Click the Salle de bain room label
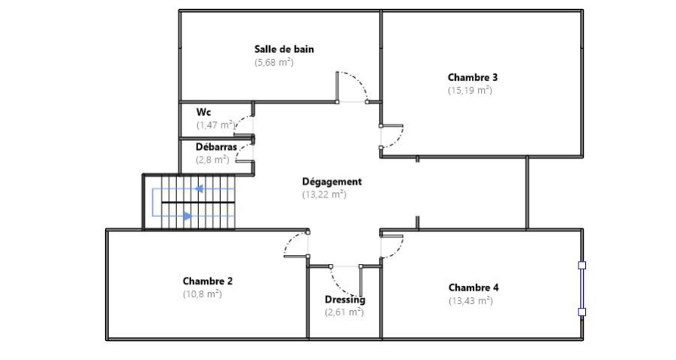(284, 49)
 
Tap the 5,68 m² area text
(274, 63)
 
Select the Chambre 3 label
(473, 78)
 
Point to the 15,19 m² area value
(470, 91)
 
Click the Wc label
(203, 112)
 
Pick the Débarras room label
(216, 147)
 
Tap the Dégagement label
(332, 182)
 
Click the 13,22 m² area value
(324, 194)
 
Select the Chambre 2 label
(208, 281)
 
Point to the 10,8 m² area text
(202, 294)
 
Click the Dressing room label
(345, 299)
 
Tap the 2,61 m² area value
(344, 312)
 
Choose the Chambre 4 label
(473, 287)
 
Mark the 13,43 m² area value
(471, 300)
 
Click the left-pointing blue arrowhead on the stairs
(199, 188)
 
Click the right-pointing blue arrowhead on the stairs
(188, 216)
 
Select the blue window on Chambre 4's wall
(582, 289)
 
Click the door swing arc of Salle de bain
(358, 80)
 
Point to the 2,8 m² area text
(212, 160)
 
